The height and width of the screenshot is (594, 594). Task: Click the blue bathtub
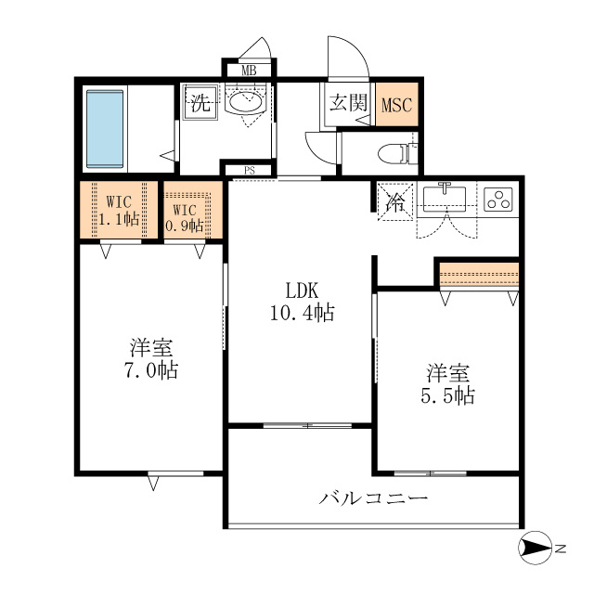pyautogui.click(x=105, y=129)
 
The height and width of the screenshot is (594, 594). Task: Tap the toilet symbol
pyautogui.click(x=398, y=153)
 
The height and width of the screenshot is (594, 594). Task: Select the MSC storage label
pyautogui.click(x=396, y=105)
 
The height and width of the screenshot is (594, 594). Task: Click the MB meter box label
pyautogui.click(x=249, y=71)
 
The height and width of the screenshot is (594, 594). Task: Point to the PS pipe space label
pyautogui.click(x=250, y=171)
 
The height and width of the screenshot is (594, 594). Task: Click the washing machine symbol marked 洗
pyautogui.click(x=200, y=102)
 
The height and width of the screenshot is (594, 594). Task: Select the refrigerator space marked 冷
pyautogui.click(x=395, y=201)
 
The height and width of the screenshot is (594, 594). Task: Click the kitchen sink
pyautogui.click(x=445, y=198)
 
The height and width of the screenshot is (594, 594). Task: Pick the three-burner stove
pyautogui.click(x=498, y=200)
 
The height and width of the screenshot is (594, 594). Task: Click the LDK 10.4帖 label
pyautogui.click(x=303, y=302)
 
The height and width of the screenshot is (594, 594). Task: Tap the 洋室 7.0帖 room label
pyautogui.click(x=151, y=358)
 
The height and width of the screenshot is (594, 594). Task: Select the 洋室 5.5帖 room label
pyautogui.click(x=447, y=384)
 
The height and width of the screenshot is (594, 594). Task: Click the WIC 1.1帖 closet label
pyautogui.click(x=119, y=211)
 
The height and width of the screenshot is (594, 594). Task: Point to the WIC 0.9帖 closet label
pyautogui.click(x=185, y=218)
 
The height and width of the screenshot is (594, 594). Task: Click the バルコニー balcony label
pyautogui.click(x=373, y=497)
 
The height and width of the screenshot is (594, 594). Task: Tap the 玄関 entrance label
pyautogui.click(x=348, y=102)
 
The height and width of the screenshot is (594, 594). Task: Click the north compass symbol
pyautogui.click(x=535, y=548)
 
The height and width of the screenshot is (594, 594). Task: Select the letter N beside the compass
pyautogui.click(x=561, y=549)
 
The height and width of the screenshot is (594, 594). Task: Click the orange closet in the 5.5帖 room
pyautogui.click(x=479, y=275)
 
